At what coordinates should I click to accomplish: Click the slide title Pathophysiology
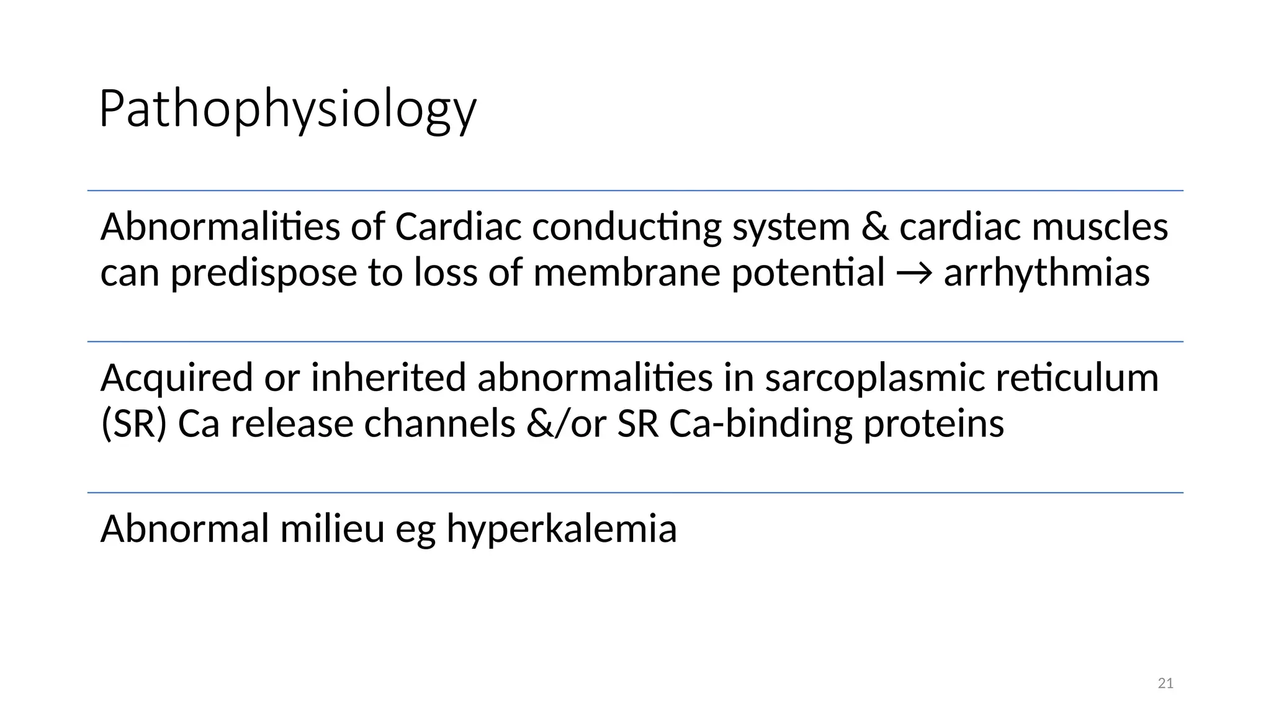coord(287,109)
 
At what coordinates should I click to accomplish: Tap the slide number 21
coord(1165,683)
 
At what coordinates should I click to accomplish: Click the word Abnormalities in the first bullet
coord(220,227)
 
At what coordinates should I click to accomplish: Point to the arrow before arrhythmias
coord(914,274)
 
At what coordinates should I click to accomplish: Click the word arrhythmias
coord(1046,272)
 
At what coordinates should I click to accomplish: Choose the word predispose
coord(264,274)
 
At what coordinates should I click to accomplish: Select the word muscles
coord(1100,227)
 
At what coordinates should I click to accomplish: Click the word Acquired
coord(177,378)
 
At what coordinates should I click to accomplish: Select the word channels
coord(439,425)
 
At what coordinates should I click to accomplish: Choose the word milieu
coord(332,529)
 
